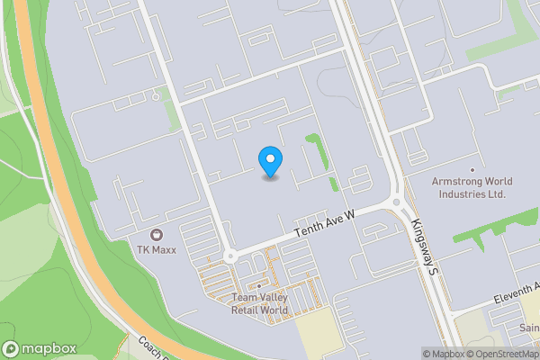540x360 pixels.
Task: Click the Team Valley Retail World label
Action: tap(259, 304)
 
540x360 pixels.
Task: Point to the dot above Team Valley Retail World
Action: tap(259, 287)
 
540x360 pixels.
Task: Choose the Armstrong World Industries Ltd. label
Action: tap(470, 187)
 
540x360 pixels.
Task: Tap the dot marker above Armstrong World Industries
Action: tap(471, 169)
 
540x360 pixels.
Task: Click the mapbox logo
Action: tap(38, 348)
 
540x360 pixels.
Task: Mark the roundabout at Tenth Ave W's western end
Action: tap(229, 256)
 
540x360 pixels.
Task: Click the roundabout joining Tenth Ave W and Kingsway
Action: tap(397, 202)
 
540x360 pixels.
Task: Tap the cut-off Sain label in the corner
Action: tap(529, 328)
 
